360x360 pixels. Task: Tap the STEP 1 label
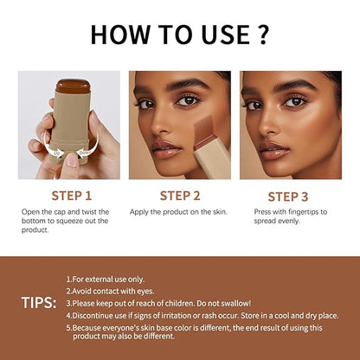(70, 195)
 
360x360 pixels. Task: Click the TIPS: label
(39, 303)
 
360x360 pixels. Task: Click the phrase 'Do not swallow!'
(227, 303)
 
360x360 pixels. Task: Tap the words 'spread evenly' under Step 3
(279, 221)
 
